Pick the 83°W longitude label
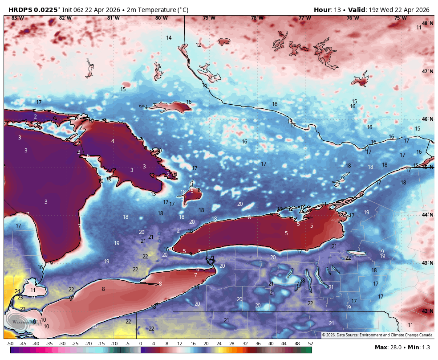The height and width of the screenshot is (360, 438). point(18,18)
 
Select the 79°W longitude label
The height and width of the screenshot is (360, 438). point(209,18)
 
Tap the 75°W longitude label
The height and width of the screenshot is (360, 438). point(401,18)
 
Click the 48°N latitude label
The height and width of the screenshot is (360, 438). point(427,23)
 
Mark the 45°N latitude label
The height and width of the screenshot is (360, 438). point(427,167)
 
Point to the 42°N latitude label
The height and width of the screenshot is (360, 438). point(427,311)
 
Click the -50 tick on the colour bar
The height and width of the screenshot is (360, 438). point(10,344)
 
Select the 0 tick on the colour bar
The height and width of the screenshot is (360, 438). point(141,344)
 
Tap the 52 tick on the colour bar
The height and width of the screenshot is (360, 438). point(310,344)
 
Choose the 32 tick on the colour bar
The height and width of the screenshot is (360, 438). point(245,344)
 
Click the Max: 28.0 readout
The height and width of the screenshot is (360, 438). point(388,347)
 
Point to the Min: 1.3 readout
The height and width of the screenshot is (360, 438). point(419,347)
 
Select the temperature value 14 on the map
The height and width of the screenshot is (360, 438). point(169,38)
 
